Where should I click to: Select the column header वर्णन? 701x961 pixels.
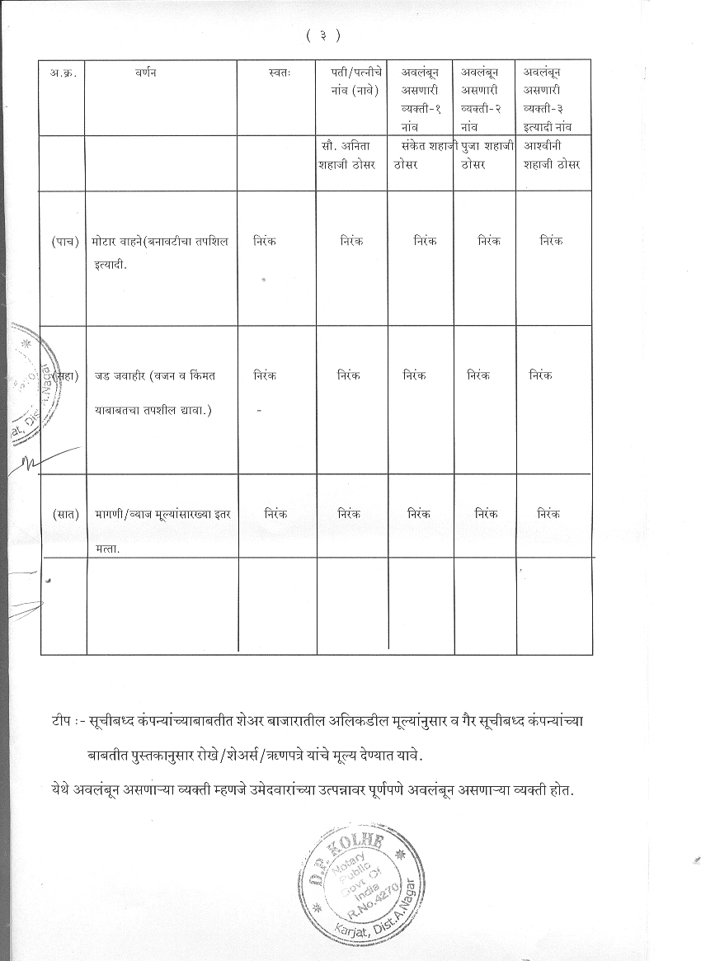[146, 73]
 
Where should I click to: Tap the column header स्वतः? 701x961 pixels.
[279, 73]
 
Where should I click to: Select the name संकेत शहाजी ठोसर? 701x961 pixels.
[423, 155]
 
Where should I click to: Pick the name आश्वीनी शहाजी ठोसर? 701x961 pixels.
[552, 155]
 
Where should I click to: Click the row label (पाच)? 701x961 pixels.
[63, 241]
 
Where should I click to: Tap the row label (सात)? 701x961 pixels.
[63, 514]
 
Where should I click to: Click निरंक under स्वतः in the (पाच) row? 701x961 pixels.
[266, 241]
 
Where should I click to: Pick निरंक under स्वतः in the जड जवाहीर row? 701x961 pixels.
[266, 375]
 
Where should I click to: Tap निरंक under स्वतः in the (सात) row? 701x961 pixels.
[275, 513]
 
